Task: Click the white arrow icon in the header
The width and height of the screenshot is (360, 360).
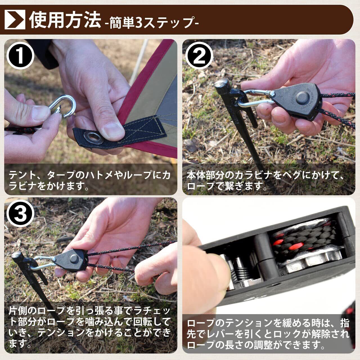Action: [15, 19]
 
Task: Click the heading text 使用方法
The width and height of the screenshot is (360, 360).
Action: [65, 20]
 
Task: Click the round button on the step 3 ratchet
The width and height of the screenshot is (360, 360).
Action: [75, 258]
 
